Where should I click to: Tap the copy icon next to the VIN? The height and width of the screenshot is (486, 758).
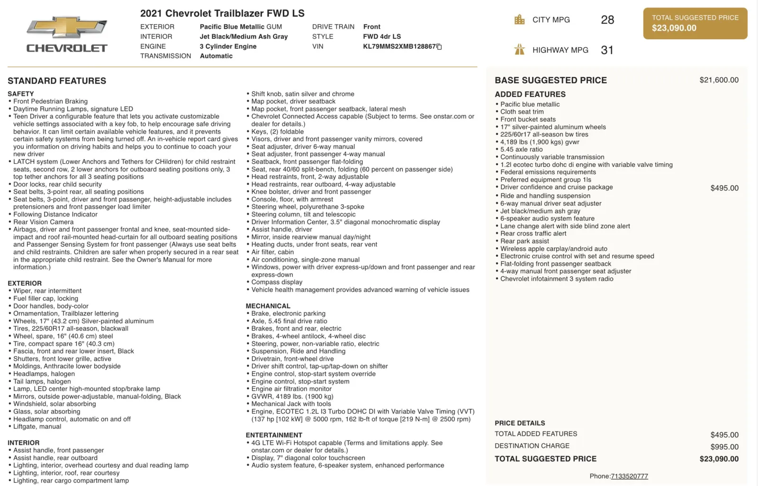click(x=439, y=47)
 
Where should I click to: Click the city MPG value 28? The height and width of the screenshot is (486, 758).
click(x=607, y=20)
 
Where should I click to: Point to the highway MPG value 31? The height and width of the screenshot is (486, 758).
click(x=607, y=50)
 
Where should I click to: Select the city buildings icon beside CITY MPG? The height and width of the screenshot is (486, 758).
click(x=520, y=20)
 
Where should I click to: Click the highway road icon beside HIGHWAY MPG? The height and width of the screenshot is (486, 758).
click(x=520, y=50)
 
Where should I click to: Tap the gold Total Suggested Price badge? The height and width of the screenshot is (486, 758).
click(x=695, y=23)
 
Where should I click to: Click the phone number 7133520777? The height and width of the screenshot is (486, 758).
click(x=629, y=476)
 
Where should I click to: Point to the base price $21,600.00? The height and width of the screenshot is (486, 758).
click(x=719, y=80)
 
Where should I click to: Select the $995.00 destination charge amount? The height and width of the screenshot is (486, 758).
click(x=724, y=447)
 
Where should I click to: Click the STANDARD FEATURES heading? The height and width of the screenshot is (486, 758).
click(x=57, y=81)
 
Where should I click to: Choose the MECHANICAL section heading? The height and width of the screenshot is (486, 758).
click(x=268, y=306)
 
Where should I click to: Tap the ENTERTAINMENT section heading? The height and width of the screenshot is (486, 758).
click(x=274, y=435)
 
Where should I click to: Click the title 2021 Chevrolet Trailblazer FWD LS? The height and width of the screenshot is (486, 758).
click(x=222, y=13)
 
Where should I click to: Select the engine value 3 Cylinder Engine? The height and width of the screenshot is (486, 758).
click(x=228, y=46)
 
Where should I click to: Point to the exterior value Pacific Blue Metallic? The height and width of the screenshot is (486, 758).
click(x=232, y=27)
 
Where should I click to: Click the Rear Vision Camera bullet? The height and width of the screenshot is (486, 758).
click(x=44, y=222)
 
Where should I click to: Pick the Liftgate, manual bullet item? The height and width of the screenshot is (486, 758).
click(x=37, y=426)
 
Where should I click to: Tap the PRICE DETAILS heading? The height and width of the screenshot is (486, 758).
click(x=520, y=423)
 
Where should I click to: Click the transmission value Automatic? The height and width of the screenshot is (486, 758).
click(x=216, y=56)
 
